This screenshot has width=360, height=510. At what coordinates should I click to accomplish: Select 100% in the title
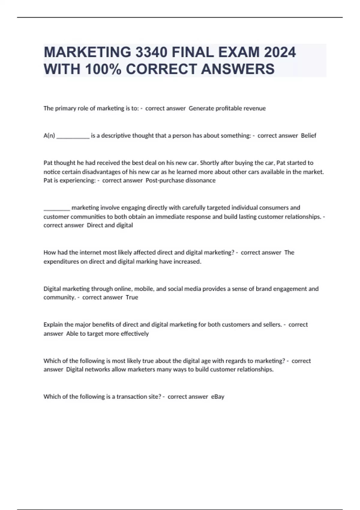click(x=103, y=69)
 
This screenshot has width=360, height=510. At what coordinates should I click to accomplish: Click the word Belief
click(x=308, y=136)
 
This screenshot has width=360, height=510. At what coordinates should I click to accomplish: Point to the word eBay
click(x=217, y=397)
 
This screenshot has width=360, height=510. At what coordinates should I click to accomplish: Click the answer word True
click(x=132, y=297)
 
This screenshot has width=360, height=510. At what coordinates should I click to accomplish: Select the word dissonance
click(x=200, y=180)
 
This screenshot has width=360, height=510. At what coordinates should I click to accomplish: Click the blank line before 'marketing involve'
click(x=57, y=209)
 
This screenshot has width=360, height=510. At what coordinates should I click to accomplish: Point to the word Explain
click(x=53, y=325)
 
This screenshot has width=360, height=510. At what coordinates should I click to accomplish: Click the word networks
click(x=97, y=369)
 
